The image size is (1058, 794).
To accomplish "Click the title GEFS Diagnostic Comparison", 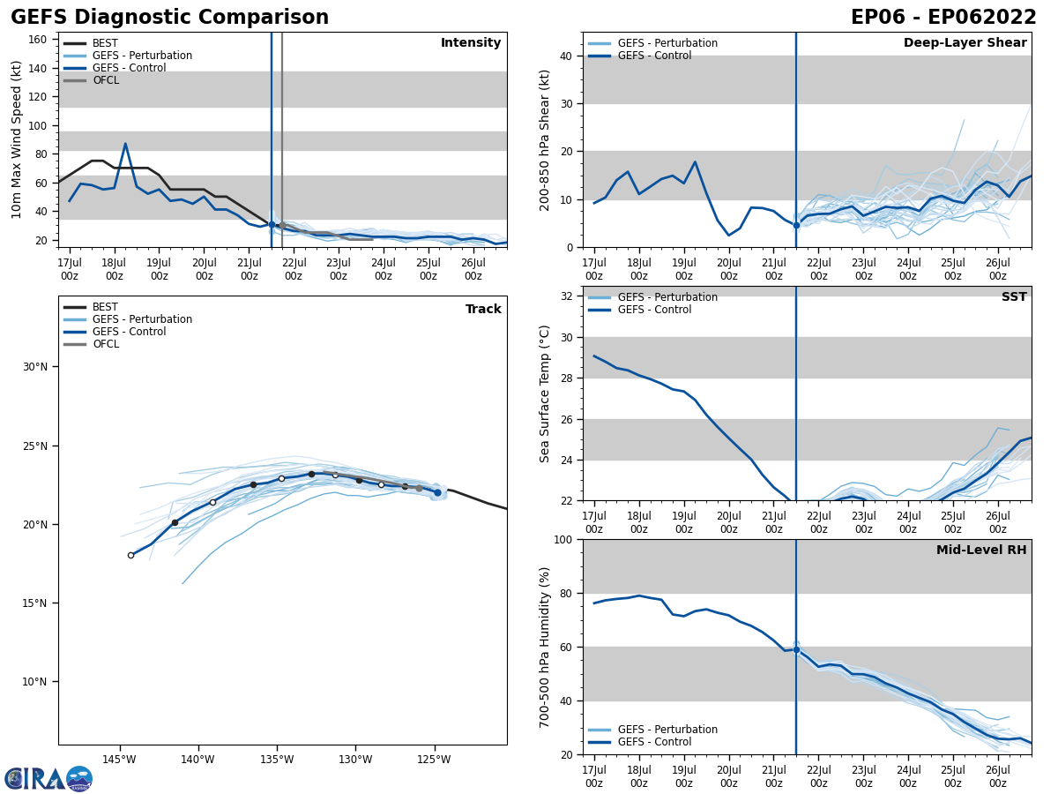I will pyautogui.click(x=169, y=18).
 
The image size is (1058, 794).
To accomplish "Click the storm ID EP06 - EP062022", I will pyautogui.click(x=943, y=18).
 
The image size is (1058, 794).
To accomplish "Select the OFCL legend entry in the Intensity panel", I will pyautogui.click(x=106, y=80).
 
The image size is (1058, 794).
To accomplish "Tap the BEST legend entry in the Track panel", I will pyautogui.click(x=105, y=307).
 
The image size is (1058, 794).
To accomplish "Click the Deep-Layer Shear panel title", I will pyautogui.click(x=965, y=43).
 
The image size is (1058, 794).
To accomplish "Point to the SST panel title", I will pyautogui.click(x=1014, y=297).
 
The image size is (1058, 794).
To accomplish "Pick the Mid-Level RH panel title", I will pyautogui.click(x=981, y=551).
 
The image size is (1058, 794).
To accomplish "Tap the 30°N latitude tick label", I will pyautogui.click(x=35, y=367).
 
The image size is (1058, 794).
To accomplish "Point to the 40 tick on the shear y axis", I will pyautogui.click(x=566, y=56).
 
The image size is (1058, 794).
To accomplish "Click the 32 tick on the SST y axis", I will pyautogui.click(x=566, y=296).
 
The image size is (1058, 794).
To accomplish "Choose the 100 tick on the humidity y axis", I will pyautogui.click(x=563, y=540).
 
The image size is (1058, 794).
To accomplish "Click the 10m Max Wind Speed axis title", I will pyautogui.click(x=17, y=139).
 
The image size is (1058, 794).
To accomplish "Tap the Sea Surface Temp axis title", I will pyautogui.click(x=546, y=393).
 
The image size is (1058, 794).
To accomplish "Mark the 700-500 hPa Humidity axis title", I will pyautogui.click(x=546, y=647).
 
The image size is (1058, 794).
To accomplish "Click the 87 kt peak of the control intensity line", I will pyautogui.click(x=125, y=144).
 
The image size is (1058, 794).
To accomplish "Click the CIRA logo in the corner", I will pyautogui.click(x=48, y=778).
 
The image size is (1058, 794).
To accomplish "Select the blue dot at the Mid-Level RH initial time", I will pyautogui.click(x=796, y=650).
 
